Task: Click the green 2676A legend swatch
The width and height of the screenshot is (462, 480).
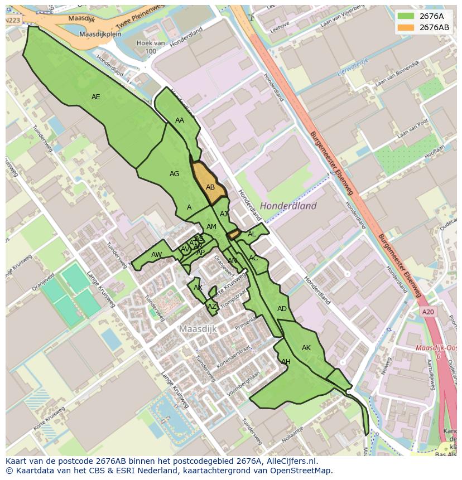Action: click(406, 16)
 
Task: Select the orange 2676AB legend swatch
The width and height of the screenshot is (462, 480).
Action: click(406, 27)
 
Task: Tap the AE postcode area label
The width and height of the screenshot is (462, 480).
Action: click(96, 97)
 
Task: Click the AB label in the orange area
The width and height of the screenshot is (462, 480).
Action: click(210, 187)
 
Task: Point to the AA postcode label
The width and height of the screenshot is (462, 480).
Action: click(180, 120)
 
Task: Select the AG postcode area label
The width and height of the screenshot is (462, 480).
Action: click(175, 174)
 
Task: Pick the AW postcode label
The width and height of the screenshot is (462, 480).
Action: click(156, 255)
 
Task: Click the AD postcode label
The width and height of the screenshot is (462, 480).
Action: click(282, 309)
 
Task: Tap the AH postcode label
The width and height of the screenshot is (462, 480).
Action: click(286, 362)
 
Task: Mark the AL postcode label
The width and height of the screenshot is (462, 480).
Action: click(252, 234)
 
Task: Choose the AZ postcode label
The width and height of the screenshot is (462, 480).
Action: click(211, 307)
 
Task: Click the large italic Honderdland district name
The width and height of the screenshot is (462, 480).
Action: click(288, 206)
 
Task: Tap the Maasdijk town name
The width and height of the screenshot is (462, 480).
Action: click(198, 329)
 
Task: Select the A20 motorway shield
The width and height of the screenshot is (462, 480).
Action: click(428, 312)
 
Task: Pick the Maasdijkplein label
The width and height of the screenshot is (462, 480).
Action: click(100, 34)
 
